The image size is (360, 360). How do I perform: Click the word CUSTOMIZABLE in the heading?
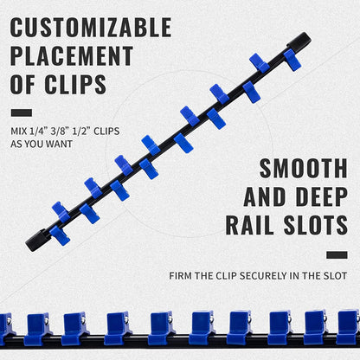point(91,27)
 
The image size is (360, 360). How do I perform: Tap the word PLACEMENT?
point(72,55)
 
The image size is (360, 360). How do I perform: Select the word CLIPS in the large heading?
point(75,84)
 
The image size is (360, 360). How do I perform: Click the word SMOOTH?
point(304,168)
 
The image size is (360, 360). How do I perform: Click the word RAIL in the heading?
point(250,225)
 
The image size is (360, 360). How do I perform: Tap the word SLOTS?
point(316,225)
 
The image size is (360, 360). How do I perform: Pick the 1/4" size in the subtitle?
point(39,132)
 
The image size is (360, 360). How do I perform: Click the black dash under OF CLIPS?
point(22,112)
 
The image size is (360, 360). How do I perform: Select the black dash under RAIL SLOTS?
point(337,254)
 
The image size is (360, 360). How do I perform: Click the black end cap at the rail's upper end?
point(299,41)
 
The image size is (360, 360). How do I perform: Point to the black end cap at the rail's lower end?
point(37,240)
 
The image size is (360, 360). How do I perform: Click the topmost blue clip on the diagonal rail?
point(292,60)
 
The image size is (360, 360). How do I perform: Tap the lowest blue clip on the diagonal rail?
point(60,235)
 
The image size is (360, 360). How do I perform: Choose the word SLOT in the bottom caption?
point(336,276)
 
